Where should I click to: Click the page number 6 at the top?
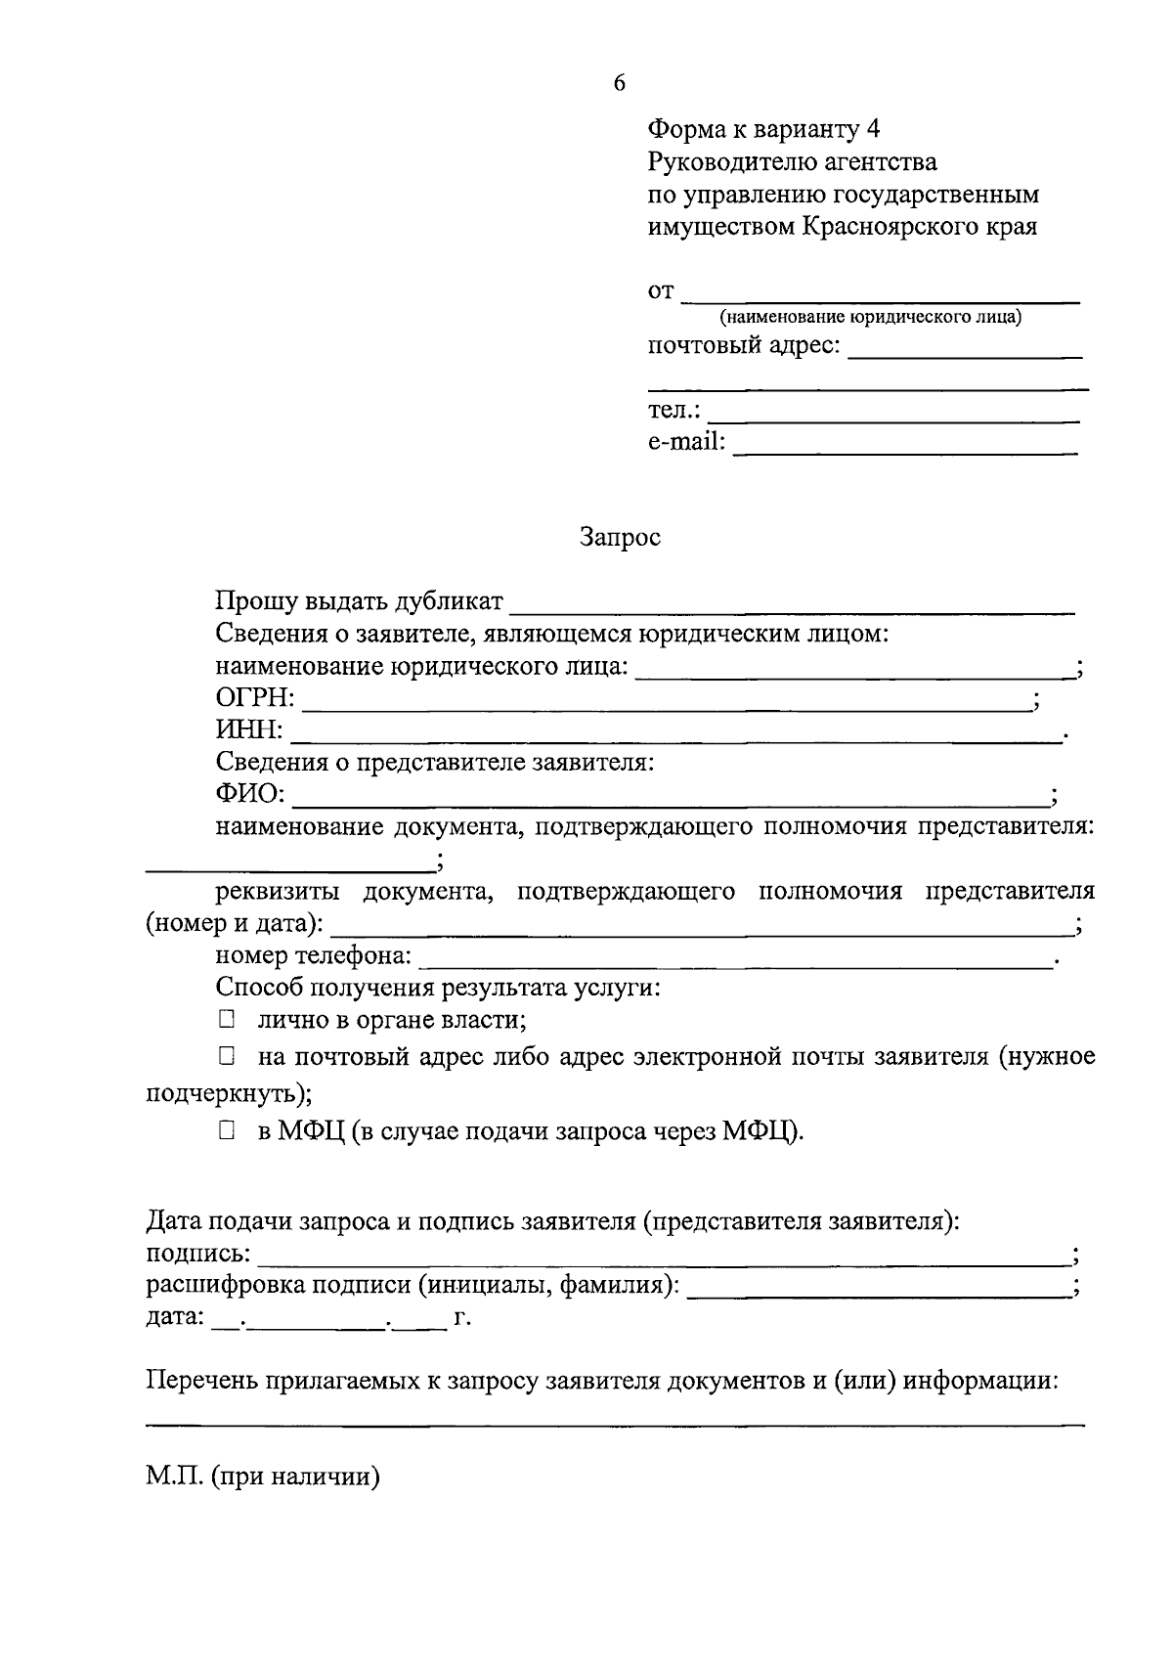(619, 83)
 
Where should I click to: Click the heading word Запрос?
(620, 537)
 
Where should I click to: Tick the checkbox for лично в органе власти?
(227, 1020)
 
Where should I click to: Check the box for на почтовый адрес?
(227, 1056)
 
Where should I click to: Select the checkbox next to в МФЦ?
(227, 1130)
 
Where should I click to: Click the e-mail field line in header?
(904, 451)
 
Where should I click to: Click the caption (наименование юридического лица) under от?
(871, 318)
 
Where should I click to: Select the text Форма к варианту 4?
(763, 129)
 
